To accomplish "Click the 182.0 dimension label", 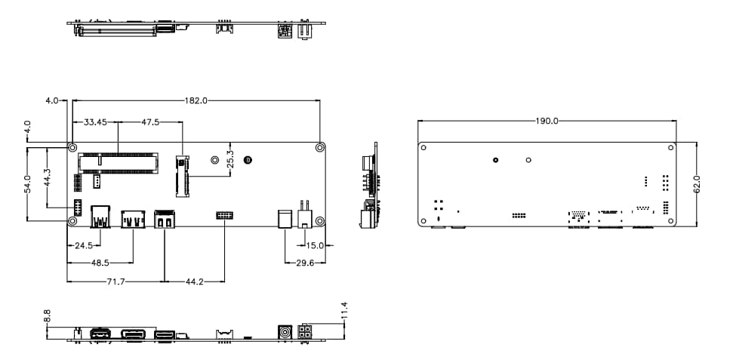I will tap(195, 100).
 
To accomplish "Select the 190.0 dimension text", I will tap(547, 121).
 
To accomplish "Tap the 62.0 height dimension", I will tap(697, 184).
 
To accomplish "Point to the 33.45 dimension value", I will tap(95, 122).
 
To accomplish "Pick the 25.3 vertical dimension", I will tap(230, 159).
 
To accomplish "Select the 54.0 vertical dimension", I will tap(27, 183).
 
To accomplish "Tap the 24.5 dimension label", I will tap(83, 245).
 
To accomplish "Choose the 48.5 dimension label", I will tap(100, 263).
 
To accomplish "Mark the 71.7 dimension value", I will tap(115, 282).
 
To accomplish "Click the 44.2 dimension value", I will tap(194, 282).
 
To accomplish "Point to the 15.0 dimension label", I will tap(315, 245).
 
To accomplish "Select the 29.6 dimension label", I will tap(306, 263).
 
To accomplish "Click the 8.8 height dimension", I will tap(48, 315).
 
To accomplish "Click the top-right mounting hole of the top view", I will tap(320, 147).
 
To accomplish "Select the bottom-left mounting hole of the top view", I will tap(72, 221).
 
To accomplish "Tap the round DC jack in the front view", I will tap(285, 333).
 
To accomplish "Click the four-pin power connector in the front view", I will tap(306, 333).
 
